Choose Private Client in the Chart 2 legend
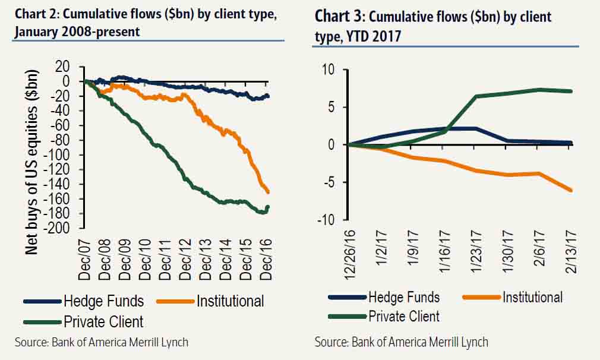pos(105,321)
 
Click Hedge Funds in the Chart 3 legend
pos(404,297)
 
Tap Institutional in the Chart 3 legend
pos(532,297)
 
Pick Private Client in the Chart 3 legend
pos(404,316)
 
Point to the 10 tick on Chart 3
pos(328,70)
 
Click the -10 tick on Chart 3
pos(326,220)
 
